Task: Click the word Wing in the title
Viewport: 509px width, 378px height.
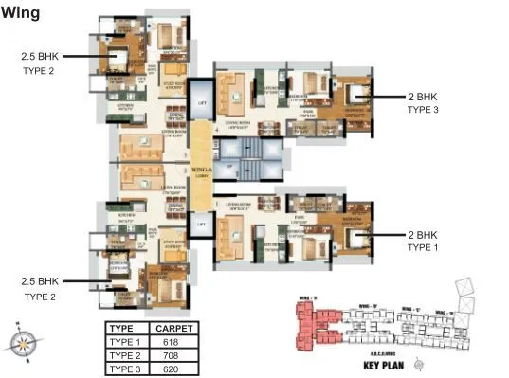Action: point(20,12)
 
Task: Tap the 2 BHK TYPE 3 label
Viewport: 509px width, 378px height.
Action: point(424,103)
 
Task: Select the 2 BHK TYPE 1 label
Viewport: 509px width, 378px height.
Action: point(424,241)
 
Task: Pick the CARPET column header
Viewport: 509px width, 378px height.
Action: point(173,328)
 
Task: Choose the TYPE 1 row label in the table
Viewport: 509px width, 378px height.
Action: point(124,341)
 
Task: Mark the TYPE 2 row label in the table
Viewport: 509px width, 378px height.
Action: point(124,355)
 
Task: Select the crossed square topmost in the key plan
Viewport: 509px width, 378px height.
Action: point(464,285)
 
